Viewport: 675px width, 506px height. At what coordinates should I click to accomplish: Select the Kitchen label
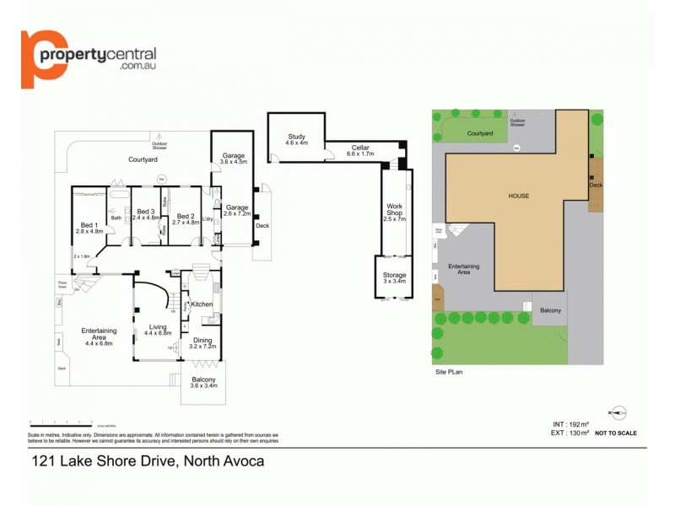click(202, 304)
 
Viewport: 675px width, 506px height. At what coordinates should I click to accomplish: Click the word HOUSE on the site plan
click(518, 196)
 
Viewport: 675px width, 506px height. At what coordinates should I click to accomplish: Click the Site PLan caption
click(449, 371)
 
